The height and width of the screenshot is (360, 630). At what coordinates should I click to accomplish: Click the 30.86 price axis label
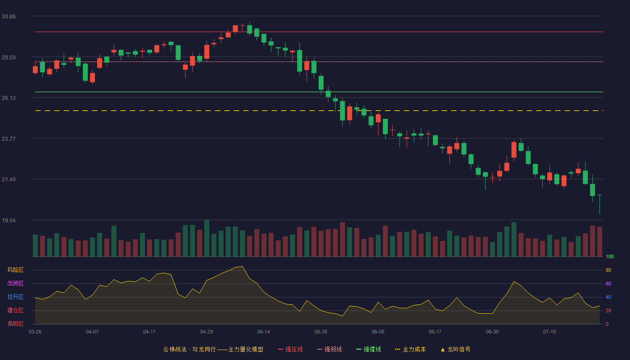tap(9, 17)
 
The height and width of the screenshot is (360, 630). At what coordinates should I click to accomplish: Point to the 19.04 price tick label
tap(9, 220)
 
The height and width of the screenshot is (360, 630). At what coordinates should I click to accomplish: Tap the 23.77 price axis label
tap(9, 139)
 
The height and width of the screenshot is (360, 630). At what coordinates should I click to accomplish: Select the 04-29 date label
tap(207, 332)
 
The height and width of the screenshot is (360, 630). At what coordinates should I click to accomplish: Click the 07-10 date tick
tap(549, 332)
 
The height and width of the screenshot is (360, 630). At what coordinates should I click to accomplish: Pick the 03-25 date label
tap(35, 332)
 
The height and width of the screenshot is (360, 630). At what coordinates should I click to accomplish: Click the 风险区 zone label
tap(15, 270)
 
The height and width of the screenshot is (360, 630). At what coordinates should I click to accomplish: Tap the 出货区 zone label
tap(15, 283)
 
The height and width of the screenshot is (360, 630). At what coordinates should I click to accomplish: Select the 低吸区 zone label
tap(15, 324)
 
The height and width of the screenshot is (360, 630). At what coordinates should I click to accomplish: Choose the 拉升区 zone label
tap(15, 297)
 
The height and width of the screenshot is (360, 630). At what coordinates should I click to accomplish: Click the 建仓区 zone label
tap(15, 310)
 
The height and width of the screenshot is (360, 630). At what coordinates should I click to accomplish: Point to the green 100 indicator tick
tap(610, 256)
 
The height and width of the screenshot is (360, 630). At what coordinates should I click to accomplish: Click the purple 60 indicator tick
tap(608, 283)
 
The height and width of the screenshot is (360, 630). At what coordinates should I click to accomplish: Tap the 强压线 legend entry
tap(290, 349)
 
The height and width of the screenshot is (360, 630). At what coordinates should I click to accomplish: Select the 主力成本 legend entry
tap(410, 349)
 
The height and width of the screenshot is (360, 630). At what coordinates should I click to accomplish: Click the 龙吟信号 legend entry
tap(455, 349)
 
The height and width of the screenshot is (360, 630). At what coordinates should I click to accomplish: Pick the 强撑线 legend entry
tap(369, 349)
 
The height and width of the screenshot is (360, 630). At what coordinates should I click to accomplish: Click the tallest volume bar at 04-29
tap(207, 238)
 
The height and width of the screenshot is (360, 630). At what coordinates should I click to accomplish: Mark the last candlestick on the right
tap(599, 204)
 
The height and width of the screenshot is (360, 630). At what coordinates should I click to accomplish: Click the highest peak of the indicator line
tap(242, 266)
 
